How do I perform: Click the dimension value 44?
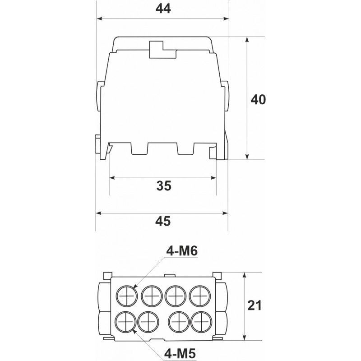coord(163,9)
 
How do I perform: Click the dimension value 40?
coord(258,99)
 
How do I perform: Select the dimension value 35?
coord(164,185)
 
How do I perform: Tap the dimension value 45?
coord(163,221)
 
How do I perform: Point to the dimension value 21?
coord(255,305)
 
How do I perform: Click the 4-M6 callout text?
coord(182,251)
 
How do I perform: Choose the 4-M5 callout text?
coord(180,353)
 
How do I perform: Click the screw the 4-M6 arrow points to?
coord(127,296)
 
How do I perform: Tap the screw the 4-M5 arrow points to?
coord(126,322)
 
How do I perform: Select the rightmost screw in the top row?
coord(200,296)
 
